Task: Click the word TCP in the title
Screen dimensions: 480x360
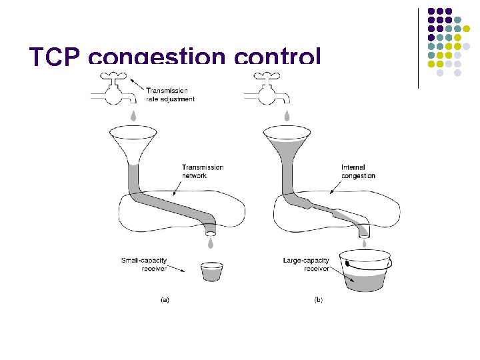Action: coord(55,58)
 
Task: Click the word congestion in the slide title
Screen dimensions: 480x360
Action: coord(157,59)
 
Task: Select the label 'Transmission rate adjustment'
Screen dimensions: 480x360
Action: coord(170,95)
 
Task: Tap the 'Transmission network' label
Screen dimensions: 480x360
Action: coord(203,171)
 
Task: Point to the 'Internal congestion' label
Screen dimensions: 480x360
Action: coord(358,171)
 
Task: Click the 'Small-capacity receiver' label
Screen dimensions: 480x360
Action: coord(143,265)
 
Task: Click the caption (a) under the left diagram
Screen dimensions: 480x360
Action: coord(165,300)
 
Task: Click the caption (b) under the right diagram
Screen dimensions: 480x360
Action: coord(318,300)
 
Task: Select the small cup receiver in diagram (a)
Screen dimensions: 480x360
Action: coord(211,271)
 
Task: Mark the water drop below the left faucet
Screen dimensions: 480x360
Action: coord(134,116)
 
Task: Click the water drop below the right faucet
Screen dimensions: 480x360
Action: coord(287,116)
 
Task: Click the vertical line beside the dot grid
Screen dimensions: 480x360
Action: coord(418,47)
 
